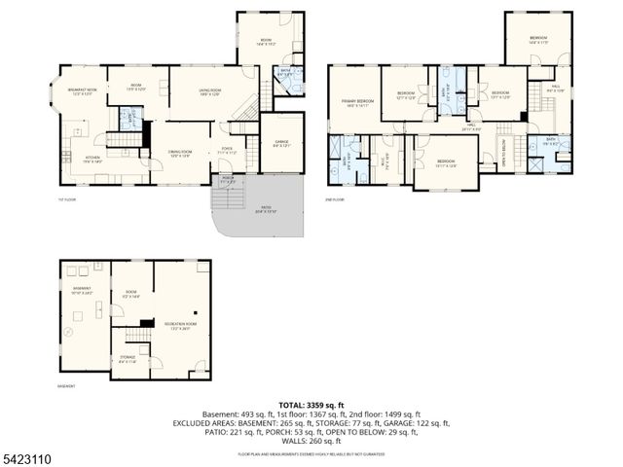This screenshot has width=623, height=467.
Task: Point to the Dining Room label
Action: pyautogui.click(x=179, y=153)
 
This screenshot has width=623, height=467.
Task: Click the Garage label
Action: pyautogui.click(x=282, y=144)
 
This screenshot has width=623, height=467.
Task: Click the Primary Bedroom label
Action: pyautogui.click(x=357, y=102)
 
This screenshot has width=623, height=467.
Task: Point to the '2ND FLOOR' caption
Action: pyautogui.click(x=336, y=199)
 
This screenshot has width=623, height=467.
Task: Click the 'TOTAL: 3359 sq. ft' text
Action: pyautogui.click(x=311, y=404)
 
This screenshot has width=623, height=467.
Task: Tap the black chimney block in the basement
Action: pyautogui.click(x=147, y=324)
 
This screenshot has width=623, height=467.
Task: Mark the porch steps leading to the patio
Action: pyautogui.click(x=227, y=199)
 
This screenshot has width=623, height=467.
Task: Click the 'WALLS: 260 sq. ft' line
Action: pyautogui.click(x=311, y=439)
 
